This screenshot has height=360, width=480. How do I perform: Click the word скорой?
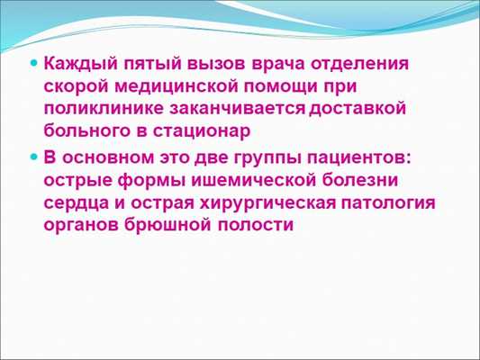[76, 87]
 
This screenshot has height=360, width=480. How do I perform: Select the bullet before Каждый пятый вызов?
[34, 66]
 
